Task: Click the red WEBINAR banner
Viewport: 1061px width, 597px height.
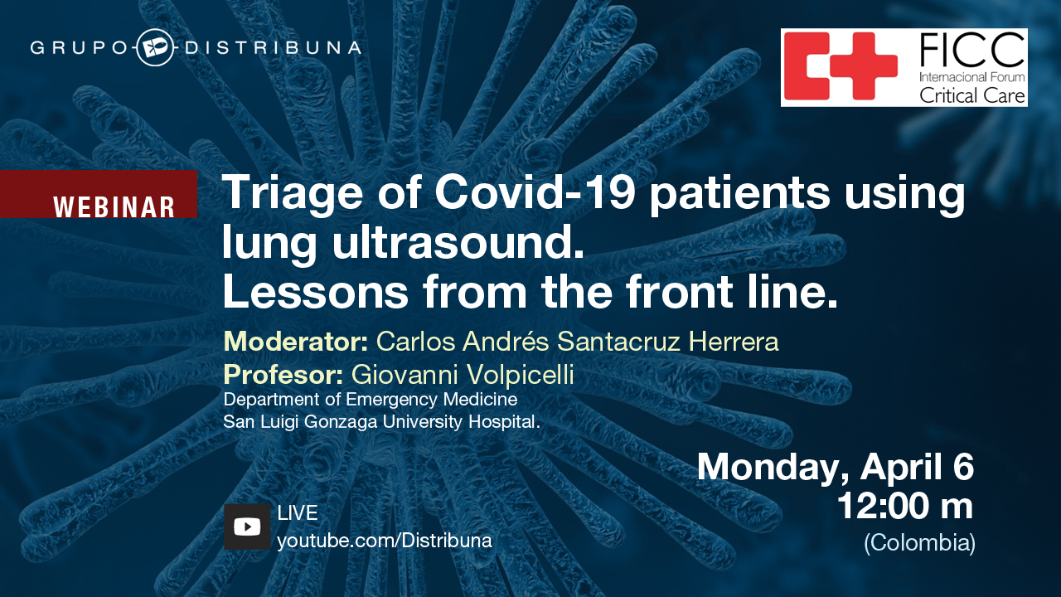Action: pyautogui.click(x=98, y=194)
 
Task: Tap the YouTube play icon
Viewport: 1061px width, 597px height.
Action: pyautogui.click(x=247, y=527)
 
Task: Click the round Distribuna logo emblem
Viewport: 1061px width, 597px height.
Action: pyautogui.click(x=154, y=47)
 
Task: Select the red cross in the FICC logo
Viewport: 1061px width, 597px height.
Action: pyautogui.click(x=841, y=66)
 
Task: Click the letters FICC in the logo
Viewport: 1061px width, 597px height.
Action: pyautogui.click(x=971, y=51)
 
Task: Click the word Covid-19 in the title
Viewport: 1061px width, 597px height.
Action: pyautogui.click(x=535, y=192)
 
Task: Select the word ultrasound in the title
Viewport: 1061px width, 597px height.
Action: pyautogui.click(x=458, y=242)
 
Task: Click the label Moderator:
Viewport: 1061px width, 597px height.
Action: pyautogui.click(x=296, y=342)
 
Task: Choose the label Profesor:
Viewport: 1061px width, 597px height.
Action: pyautogui.click(x=283, y=374)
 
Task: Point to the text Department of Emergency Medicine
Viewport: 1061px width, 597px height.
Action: pyautogui.click(x=371, y=400)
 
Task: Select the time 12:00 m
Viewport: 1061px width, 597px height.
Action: pyautogui.click(x=904, y=507)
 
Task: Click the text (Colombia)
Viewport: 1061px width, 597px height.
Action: pyautogui.click(x=919, y=543)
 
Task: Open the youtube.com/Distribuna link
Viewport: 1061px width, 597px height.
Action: pyautogui.click(x=384, y=541)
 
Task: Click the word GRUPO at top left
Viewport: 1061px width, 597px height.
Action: pyautogui.click(x=79, y=48)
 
